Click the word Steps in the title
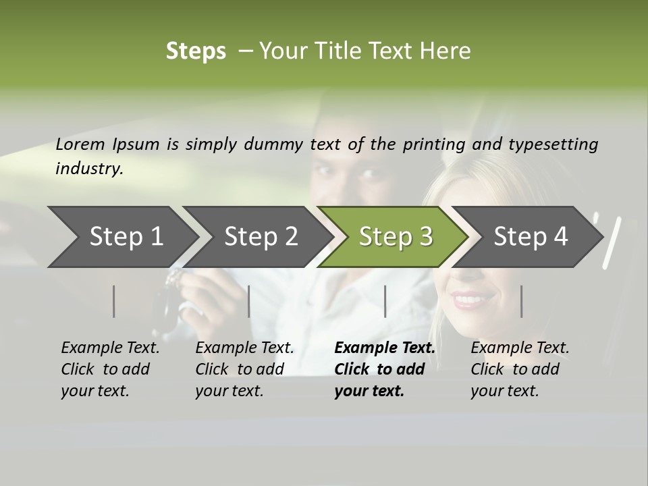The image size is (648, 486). (196, 51)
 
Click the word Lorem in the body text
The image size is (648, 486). (80, 144)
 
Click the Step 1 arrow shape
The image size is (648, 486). (122, 237)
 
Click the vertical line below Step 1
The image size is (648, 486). (114, 301)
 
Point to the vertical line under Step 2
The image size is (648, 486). (249, 301)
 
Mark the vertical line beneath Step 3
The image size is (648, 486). (385, 301)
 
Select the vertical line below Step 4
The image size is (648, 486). (521, 301)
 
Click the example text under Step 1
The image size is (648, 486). (110, 369)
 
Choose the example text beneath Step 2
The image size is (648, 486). (244, 369)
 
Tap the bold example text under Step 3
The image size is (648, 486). (385, 369)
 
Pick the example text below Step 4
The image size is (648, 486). (520, 369)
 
